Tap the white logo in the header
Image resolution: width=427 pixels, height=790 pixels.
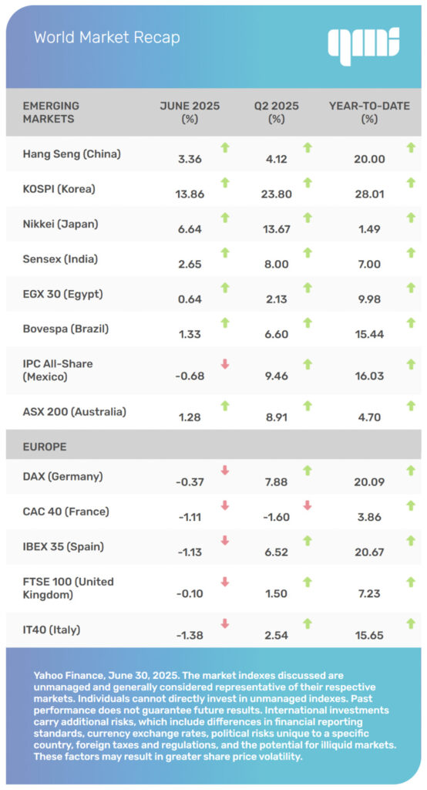coord(363,45)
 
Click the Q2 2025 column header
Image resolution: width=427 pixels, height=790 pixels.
coord(277,112)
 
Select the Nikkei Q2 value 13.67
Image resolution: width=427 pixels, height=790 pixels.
coord(277,230)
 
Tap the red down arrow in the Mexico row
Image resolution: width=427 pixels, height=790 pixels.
coord(225,363)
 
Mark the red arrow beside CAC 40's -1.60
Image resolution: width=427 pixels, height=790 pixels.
coord(307,506)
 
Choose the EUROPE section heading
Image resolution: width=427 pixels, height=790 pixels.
coord(45,447)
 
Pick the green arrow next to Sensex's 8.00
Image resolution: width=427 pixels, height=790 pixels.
coord(307,252)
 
